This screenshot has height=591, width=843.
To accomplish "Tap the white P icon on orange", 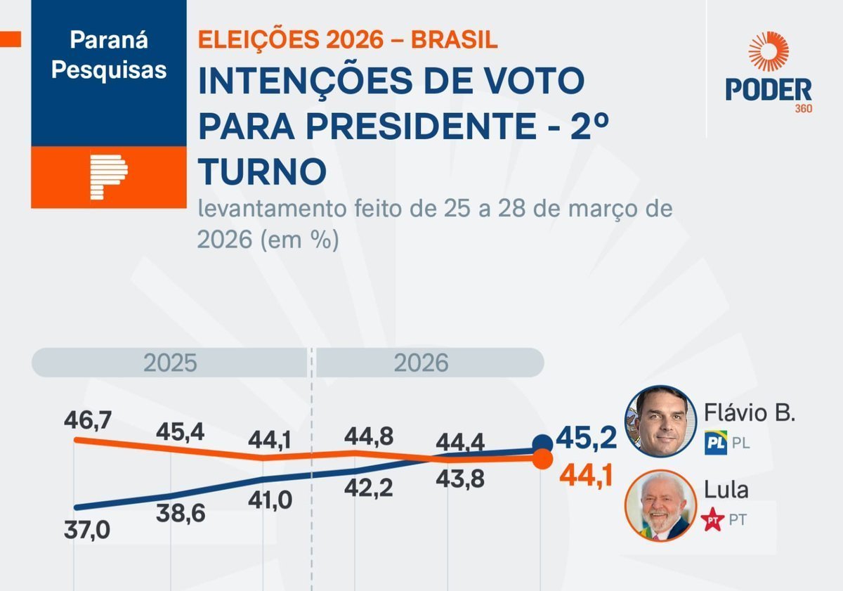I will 108,178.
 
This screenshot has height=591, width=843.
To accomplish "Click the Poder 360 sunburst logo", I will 769,52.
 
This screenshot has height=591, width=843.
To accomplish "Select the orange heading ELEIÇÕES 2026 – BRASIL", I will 348,39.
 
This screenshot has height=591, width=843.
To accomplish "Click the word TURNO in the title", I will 262,171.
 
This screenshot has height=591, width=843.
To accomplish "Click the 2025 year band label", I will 170,363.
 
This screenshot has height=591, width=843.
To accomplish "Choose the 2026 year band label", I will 420,363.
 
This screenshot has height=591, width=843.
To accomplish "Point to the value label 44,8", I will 368,437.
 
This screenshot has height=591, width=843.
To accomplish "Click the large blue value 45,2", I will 586,438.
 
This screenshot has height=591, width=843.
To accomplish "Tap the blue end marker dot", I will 542,444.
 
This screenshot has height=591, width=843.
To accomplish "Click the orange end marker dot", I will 542,460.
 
